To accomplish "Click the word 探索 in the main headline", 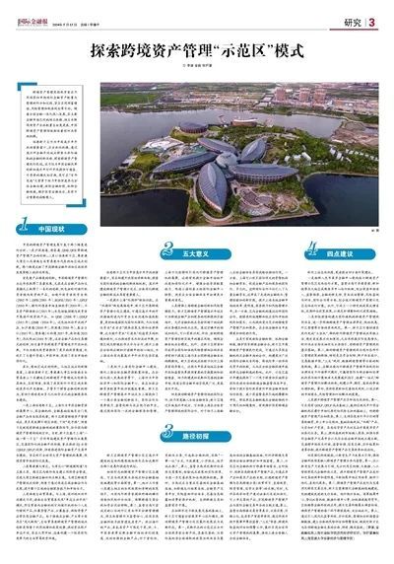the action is [104, 47].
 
